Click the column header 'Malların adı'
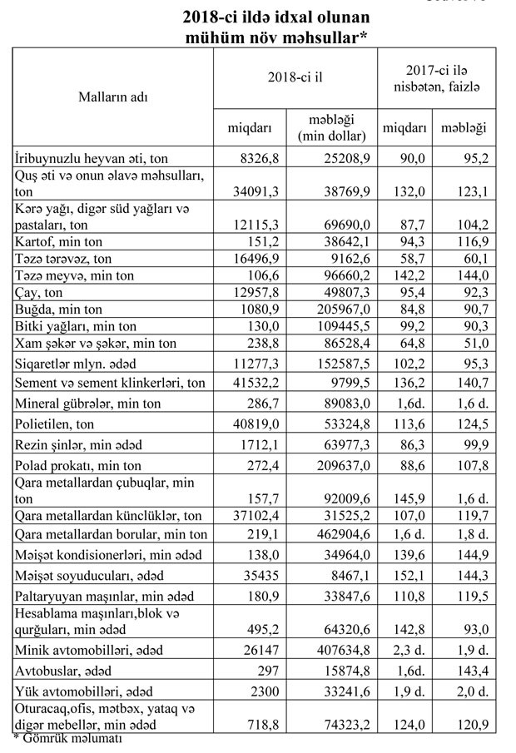(x=112, y=97)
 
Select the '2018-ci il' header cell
(x=295, y=77)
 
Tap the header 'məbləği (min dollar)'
(x=331, y=127)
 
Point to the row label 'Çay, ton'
(x=41, y=293)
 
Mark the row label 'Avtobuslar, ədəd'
(x=61, y=670)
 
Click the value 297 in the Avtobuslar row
(x=266, y=670)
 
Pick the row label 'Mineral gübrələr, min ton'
(x=82, y=404)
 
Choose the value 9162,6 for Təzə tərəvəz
(x=345, y=258)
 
